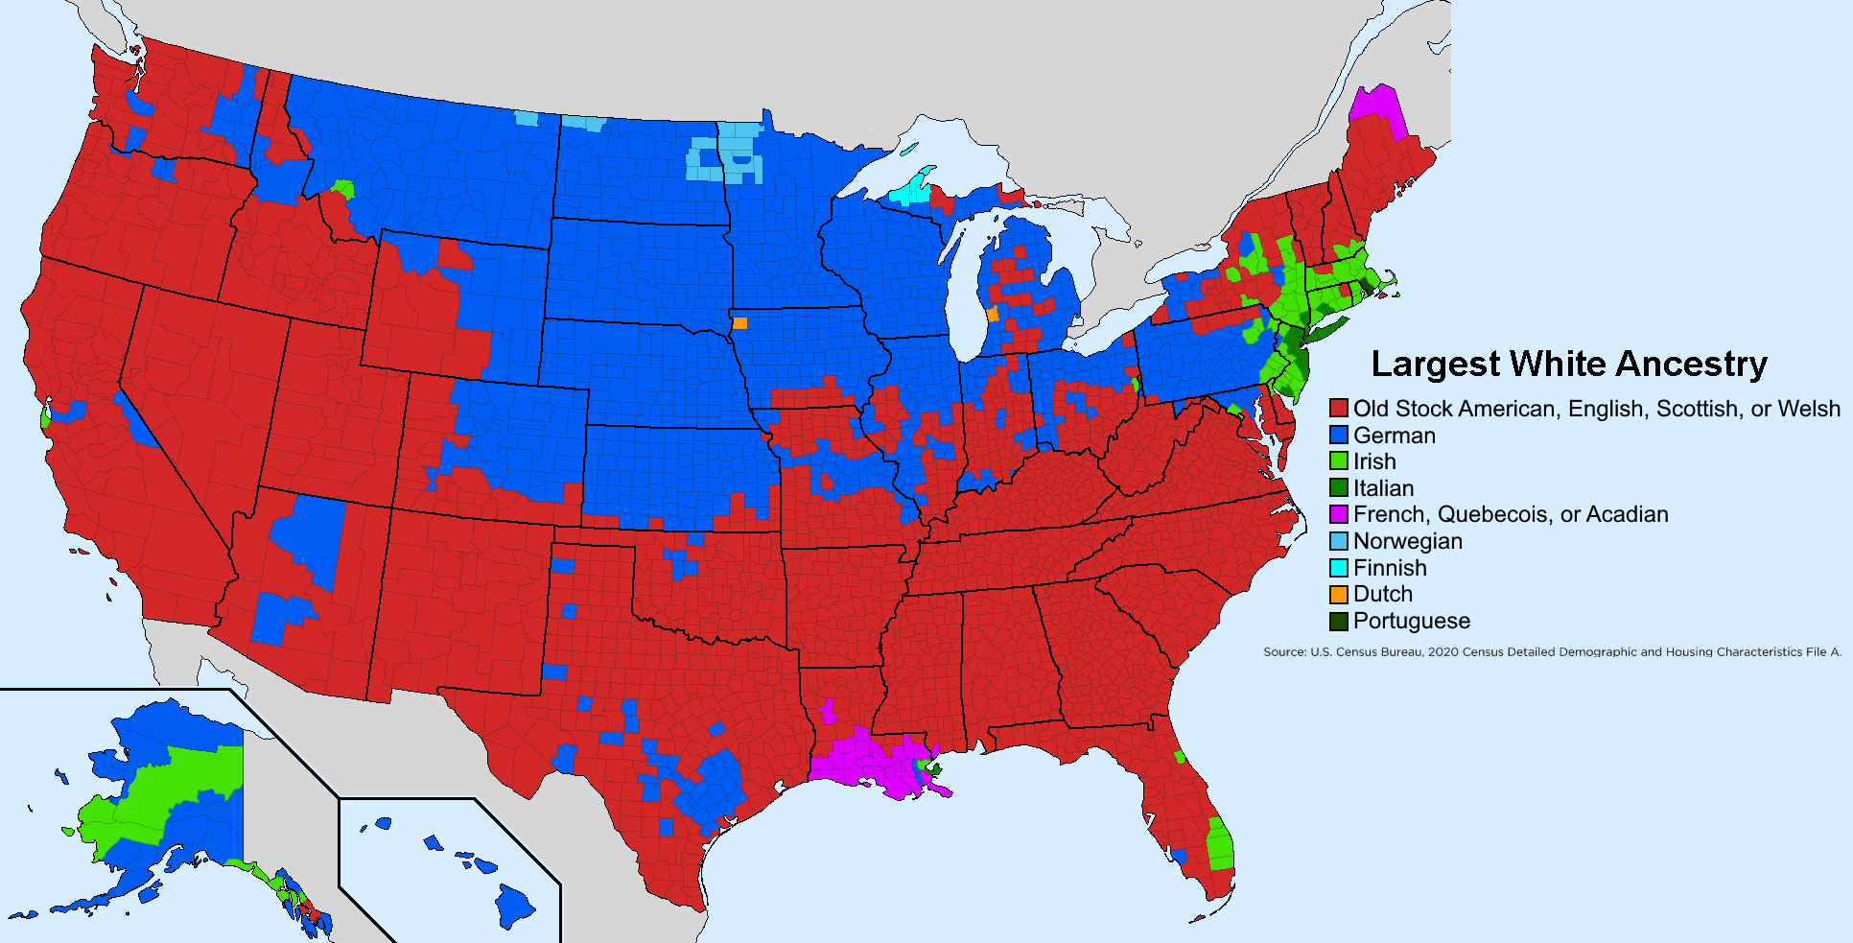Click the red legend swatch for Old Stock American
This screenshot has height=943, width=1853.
pyautogui.click(x=1338, y=409)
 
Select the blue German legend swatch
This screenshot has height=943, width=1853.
pyautogui.click(x=1338, y=436)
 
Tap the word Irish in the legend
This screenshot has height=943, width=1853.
pyautogui.click(x=1373, y=461)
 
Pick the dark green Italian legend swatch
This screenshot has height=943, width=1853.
pyautogui.click(x=1338, y=488)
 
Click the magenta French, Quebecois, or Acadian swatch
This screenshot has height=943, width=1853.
pyautogui.click(x=1338, y=514)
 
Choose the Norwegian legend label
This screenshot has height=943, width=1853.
pyautogui.click(x=1407, y=541)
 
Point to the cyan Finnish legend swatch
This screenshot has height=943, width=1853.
pyautogui.click(x=1338, y=568)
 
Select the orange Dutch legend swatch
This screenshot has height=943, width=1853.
pyautogui.click(x=1338, y=594)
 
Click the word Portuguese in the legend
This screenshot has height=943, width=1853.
pyautogui.click(x=1411, y=621)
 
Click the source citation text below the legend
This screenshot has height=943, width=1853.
pyautogui.click(x=1552, y=651)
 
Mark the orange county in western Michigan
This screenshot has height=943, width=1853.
pyautogui.click(x=992, y=315)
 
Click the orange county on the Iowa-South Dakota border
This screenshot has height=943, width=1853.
pyautogui.click(x=739, y=323)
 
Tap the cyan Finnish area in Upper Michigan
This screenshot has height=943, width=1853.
pyautogui.click(x=911, y=192)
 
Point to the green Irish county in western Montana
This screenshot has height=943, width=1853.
pyautogui.click(x=343, y=187)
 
